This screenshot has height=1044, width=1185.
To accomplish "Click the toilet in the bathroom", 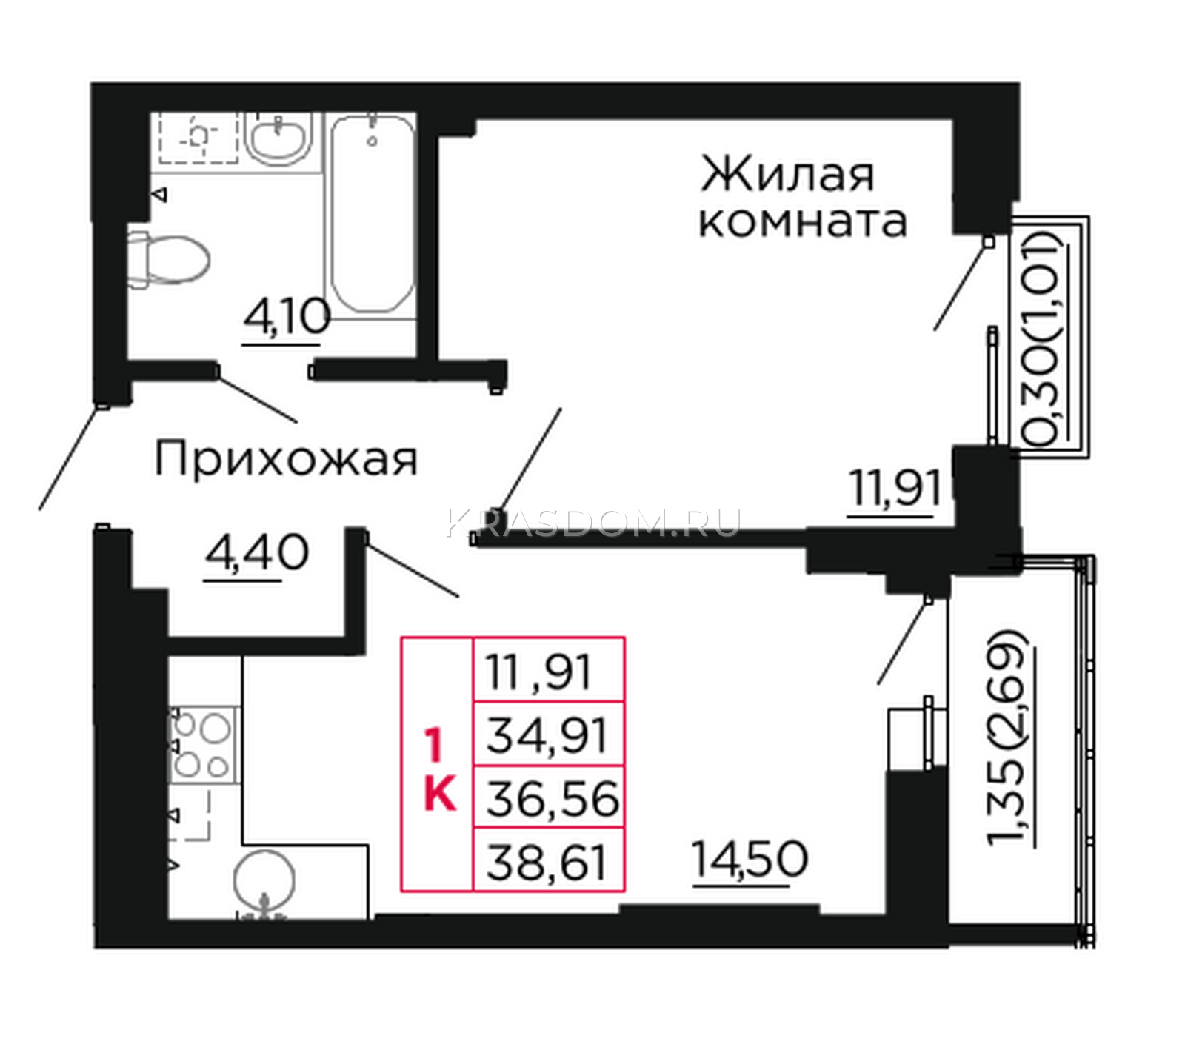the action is (x=168, y=258).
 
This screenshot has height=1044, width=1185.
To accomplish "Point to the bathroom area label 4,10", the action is (x=285, y=319).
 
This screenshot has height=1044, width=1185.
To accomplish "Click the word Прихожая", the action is (x=286, y=459).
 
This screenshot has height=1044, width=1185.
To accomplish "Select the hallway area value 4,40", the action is (x=257, y=552).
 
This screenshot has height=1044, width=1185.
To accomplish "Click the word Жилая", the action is (x=787, y=174).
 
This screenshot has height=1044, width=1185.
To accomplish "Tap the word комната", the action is (x=803, y=221).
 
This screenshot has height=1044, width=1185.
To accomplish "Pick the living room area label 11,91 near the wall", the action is (x=895, y=489).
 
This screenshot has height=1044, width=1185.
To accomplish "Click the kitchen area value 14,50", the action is (x=750, y=860).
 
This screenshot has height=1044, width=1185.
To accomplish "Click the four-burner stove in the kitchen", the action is (x=202, y=744).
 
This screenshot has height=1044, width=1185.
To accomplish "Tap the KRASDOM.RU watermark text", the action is (x=593, y=523).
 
